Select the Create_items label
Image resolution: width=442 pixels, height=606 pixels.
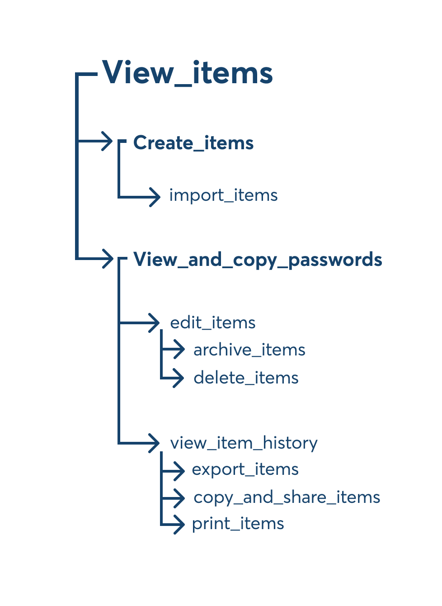click(x=193, y=143)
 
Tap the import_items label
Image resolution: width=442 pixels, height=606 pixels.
click(x=223, y=195)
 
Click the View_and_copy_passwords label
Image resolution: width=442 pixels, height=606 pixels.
click(x=258, y=260)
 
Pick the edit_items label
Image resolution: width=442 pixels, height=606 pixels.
click(x=212, y=323)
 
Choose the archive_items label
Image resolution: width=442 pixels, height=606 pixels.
click(x=249, y=350)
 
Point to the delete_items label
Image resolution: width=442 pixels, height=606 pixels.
click(x=246, y=378)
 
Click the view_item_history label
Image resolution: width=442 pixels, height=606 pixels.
click(x=244, y=443)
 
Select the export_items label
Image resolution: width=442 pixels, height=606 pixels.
click(x=245, y=469)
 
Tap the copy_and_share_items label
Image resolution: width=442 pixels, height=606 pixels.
click(x=287, y=497)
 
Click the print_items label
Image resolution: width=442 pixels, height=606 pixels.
click(x=238, y=524)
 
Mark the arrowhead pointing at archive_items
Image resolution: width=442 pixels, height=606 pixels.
click(x=179, y=350)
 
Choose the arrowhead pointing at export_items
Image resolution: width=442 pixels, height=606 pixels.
click(x=179, y=470)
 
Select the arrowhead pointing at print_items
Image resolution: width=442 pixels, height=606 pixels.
click(x=179, y=525)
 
